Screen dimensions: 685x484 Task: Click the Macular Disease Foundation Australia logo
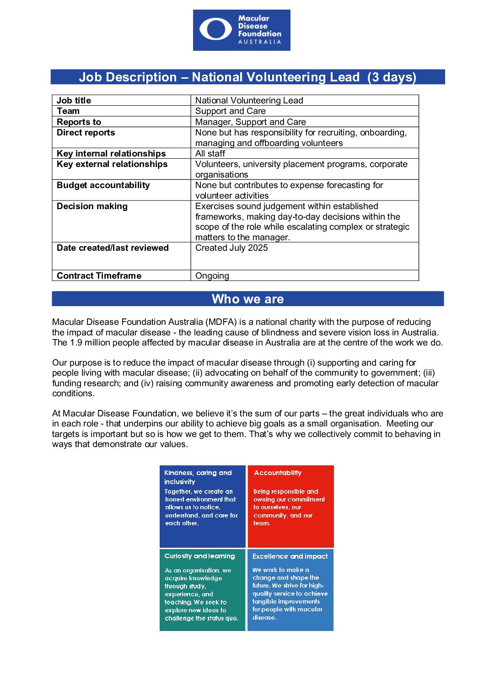242,30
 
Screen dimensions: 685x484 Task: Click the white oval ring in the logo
215,29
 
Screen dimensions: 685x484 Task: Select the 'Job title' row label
74,100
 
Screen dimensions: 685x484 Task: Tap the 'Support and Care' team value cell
230,111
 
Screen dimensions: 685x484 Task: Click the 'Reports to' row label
79,122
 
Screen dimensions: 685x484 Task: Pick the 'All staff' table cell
210,153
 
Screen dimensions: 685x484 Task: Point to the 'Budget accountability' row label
103,185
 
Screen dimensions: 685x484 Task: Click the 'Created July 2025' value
231,248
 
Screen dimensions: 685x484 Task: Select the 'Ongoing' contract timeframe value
212,275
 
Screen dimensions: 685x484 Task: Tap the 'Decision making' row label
92,206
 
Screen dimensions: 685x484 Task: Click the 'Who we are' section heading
247,299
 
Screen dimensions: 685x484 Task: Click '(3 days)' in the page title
392,77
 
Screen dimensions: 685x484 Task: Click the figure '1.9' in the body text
76,342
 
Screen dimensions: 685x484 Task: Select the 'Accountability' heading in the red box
278,473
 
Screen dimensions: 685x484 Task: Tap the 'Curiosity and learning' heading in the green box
199,556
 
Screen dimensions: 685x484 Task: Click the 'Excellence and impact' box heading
290,556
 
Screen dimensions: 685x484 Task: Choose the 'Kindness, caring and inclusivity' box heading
198,477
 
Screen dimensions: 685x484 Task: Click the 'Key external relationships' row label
112,164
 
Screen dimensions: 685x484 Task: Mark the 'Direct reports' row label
86,132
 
